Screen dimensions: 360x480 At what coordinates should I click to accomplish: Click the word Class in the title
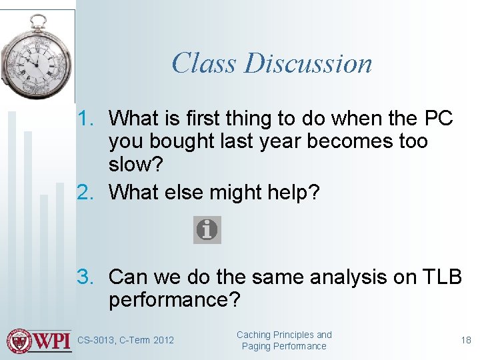204,63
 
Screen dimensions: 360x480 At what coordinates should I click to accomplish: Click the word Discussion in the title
308,63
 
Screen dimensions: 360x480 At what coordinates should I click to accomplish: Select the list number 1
88,119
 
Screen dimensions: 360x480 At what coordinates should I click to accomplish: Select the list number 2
88,193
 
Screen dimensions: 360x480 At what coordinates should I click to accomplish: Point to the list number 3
88,277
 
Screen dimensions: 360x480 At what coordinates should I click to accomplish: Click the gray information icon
207,230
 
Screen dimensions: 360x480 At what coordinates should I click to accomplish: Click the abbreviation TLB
437,277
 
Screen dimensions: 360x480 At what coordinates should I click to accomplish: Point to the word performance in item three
169,300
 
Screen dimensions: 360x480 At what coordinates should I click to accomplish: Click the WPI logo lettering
53,340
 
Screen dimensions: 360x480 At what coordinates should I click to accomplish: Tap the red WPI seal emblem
19,340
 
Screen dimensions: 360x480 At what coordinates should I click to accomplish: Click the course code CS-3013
96,341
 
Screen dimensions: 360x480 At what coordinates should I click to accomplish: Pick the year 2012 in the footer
163,341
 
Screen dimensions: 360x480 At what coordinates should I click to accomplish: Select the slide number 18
466,341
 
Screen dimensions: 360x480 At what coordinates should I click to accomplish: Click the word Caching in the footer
254,335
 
